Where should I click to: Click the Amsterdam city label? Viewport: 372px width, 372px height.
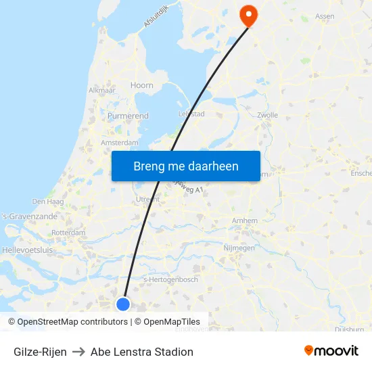pyautogui.click(x=119, y=143)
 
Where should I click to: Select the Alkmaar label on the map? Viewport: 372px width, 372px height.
pyautogui.click(x=101, y=90)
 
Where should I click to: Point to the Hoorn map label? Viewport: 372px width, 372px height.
pyautogui.click(x=142, y=86)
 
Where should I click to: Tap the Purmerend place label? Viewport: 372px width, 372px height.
pyautogui.click(x=128, y=116)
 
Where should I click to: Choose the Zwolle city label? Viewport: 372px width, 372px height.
pyautogui.click(x=268, y=115)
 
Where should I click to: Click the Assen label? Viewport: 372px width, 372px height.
pyautogui.click(x=325, y=16)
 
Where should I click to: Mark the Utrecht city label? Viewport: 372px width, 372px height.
pyautogui.click(x=147, y=200)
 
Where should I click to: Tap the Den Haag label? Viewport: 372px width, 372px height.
pyautogui.click(x=47, y=202)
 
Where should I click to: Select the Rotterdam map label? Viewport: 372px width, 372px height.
pyautogui.click(x=68, y=233)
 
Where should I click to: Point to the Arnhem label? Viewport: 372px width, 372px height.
pyautogui.click(x=244, y=221)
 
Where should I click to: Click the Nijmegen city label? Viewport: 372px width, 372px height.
pyautogui.click(x=239, y=248)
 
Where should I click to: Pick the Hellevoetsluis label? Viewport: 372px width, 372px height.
pyautogui.click(x=27, y=250)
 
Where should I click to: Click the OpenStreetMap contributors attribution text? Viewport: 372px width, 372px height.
pyautogui.click(x=73, y=322)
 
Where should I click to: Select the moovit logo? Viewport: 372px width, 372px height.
pyautogui.click(x=331, y=351)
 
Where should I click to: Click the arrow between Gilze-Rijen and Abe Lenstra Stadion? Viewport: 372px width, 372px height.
pyautogui.click(x=78, y=352)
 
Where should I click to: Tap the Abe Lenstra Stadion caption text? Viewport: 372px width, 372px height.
pyautogui.click(x=142, y=352)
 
